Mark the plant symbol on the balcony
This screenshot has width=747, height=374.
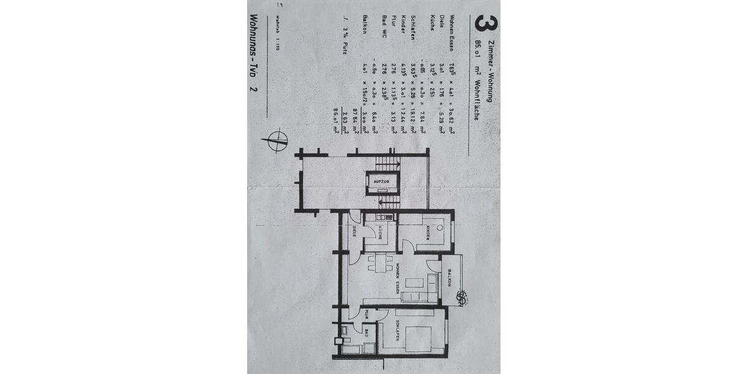tap(463, 297)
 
